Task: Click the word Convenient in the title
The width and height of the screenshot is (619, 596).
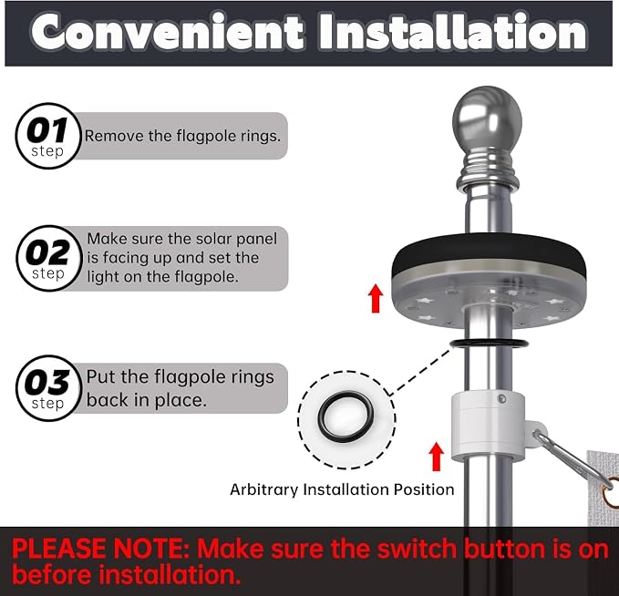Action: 168,32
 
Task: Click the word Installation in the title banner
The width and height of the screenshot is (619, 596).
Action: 453,32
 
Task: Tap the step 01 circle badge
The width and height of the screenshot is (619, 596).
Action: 48,136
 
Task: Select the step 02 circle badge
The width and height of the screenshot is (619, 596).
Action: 49,258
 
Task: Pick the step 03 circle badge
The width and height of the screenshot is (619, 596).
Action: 48,388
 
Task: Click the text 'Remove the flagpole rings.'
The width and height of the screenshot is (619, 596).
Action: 182,136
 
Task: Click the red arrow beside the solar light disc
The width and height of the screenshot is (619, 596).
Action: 376,298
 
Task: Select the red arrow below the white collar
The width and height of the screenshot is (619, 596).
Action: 437,457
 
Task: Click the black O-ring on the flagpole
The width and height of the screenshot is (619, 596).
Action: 490,344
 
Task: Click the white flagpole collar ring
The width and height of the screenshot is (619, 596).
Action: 488,427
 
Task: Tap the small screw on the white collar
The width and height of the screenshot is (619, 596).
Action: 501,398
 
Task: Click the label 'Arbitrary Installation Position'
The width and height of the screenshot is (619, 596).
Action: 342,489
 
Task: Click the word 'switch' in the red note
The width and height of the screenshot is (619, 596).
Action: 417,549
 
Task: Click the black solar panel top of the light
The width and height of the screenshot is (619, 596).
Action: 489,250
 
